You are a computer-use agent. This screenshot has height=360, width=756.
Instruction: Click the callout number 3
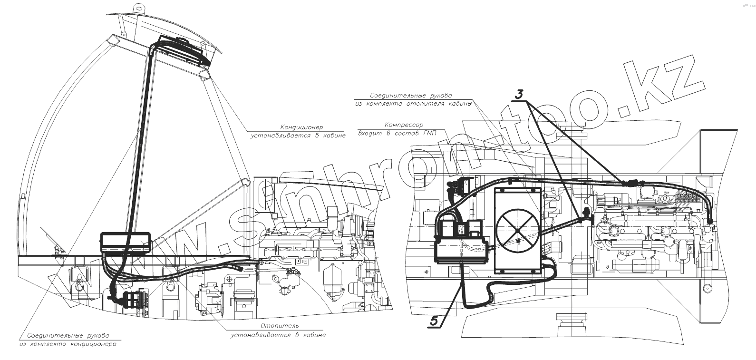pos(520,94)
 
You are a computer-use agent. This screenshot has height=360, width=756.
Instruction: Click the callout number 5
pos(434,321)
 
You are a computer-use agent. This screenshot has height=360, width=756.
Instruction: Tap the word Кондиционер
pos(301,127)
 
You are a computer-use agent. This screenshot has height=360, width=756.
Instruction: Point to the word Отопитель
pos(279,326)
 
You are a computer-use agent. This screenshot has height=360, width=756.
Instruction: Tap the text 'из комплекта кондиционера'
pos(68,343)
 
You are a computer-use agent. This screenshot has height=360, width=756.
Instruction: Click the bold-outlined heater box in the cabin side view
pos(126,243)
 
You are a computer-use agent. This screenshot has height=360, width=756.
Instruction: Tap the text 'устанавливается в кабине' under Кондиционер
pos(299,136)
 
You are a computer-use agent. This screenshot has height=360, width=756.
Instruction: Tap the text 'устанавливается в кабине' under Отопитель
pos(279,335)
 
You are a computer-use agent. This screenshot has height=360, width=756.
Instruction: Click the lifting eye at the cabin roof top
pos(139,9)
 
